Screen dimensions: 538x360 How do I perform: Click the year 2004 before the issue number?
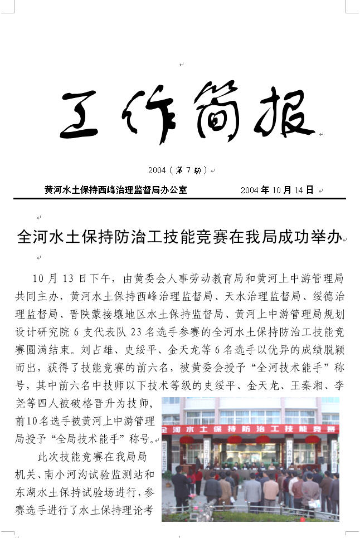(x=157, y=170)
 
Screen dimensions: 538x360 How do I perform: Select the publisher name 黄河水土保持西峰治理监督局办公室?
(x=115, y=190)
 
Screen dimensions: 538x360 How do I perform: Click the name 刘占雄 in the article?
(x=106, y=350)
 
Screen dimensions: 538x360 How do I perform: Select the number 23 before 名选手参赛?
(x=136, y=332)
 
